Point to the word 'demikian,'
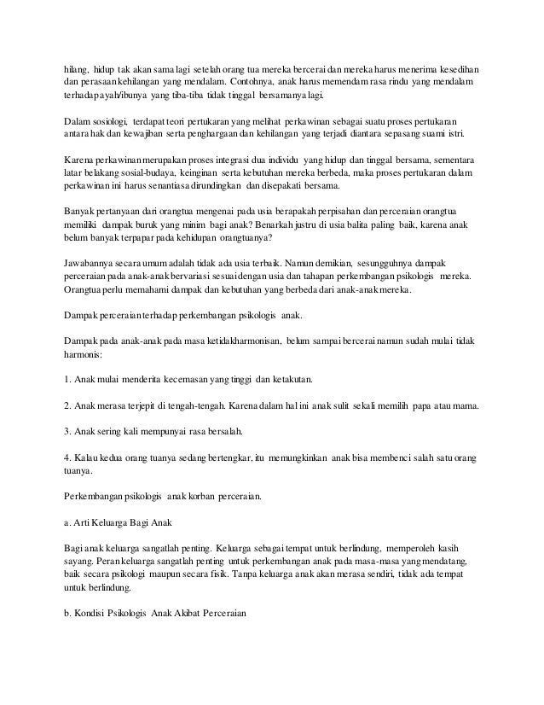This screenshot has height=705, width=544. coord(323,265)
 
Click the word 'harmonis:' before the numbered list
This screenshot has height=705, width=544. coord(88,354)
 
